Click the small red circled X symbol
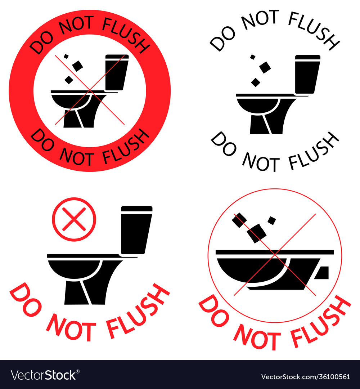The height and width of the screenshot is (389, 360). [x=74, y=219]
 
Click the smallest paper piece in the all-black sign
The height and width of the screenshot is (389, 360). [x=253, y=57]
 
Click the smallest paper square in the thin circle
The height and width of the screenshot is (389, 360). [x=272, y=220]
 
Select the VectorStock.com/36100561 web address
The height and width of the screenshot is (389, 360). [x=306, y=377]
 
